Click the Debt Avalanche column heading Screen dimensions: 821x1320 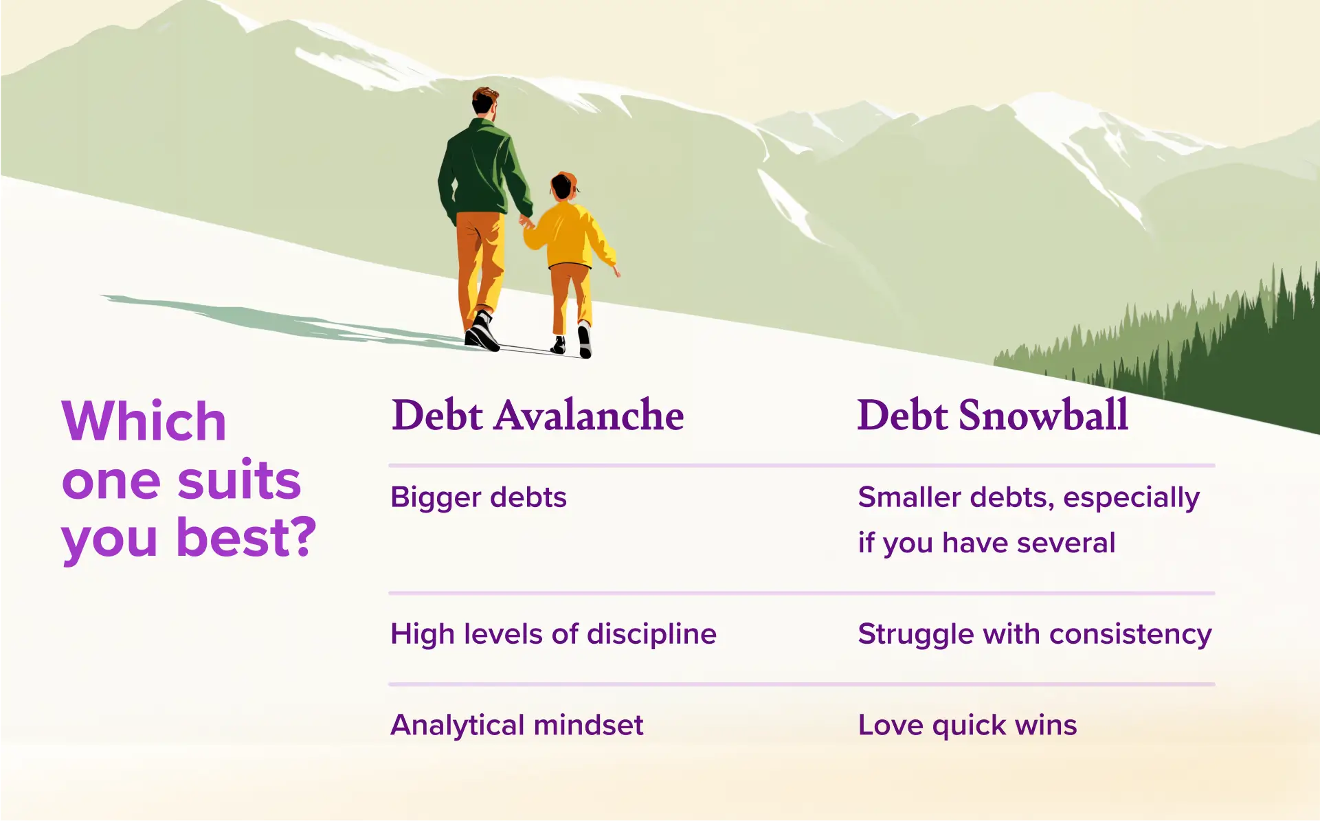pyautogui.click(x=537, y=415)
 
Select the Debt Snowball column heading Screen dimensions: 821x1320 pyautogui.click(x=992, y=415)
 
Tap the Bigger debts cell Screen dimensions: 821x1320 pyautogui.click(x=478, y=497)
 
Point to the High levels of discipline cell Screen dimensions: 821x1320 pyautogui.click(x=553, y=633)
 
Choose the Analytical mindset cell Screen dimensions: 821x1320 pyautogui.click(x=517, y=725)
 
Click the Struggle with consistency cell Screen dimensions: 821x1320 pyautogui.click(x=1034, y=633)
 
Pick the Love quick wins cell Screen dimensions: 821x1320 pyautogui.click(x=967, y=725)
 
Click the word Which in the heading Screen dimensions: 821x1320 pyautogui.click(x=144, y=421)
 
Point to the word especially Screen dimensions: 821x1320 pyautogui.click(x=1131, y=497)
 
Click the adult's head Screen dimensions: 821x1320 pyautogui.click(x=484, y=102)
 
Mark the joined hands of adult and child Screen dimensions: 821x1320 pyautogui.click(x=526, y=222)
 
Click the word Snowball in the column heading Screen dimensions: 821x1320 pyautogui.click(x=1042, y=415)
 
